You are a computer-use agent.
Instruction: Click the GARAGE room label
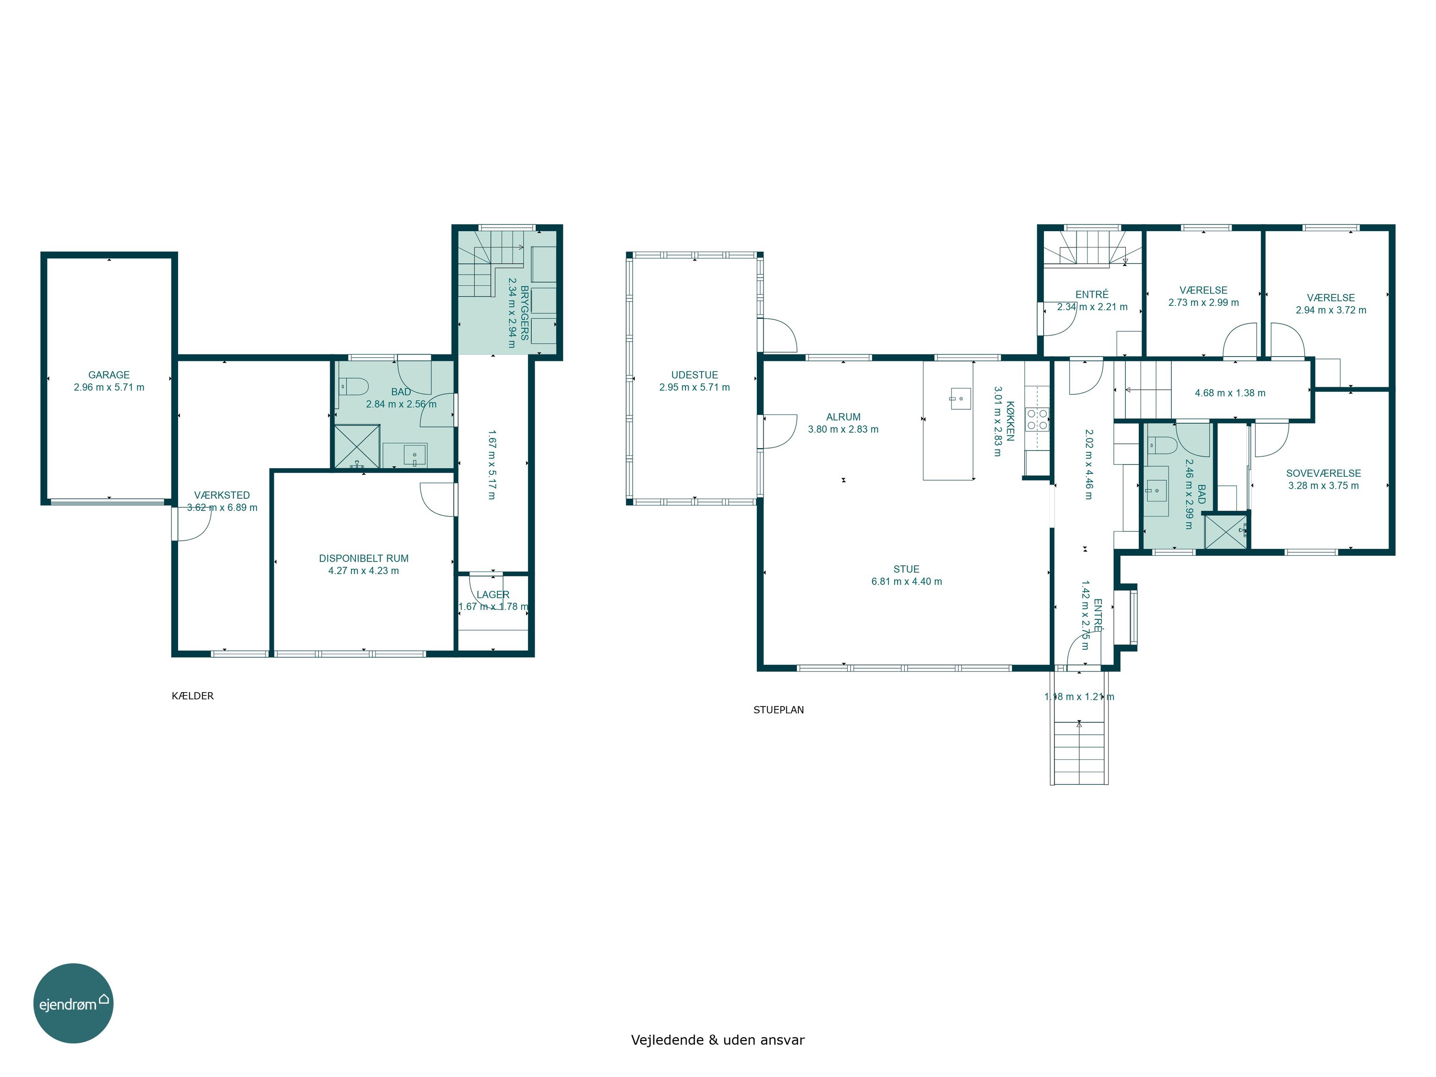(x=109, y=375)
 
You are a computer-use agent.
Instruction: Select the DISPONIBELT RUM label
(x=363, y=558)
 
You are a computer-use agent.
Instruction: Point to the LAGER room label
(x=493, y=595)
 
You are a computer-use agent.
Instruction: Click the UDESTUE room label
(x=695, y=375)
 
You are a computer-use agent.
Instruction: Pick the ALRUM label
(x=843, y=417)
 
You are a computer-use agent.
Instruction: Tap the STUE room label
(x=906, y=569)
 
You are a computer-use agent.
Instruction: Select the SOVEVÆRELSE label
(x=1324, y=473)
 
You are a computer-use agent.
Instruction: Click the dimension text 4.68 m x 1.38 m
(x=1230, y=393)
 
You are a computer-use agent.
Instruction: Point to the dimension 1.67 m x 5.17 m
(x=492, y=464)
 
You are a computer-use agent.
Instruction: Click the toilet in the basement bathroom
(x=353, y=387)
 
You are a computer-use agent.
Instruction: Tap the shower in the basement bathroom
(x=357, y=446)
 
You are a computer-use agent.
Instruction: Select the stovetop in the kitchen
(x=1037, y=419)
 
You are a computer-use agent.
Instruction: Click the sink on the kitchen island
(x=960, y=398)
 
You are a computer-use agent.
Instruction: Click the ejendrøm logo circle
(x=73, y=1003)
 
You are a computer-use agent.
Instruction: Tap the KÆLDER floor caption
(x=193, y=696)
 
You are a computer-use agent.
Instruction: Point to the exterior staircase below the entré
(x=1079, y=753)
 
